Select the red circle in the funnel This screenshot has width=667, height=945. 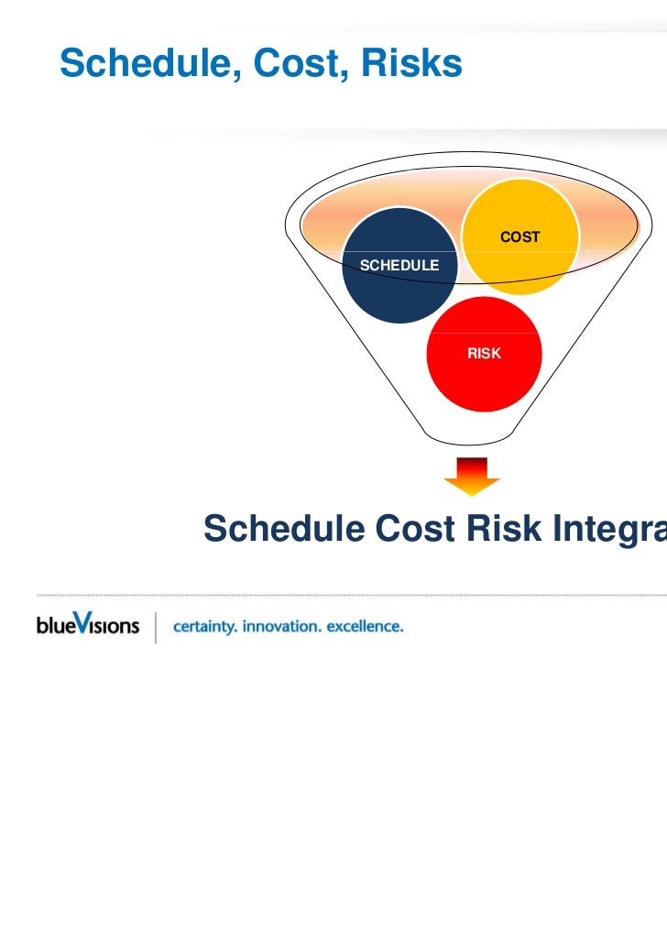484,367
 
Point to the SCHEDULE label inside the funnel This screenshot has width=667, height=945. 399,265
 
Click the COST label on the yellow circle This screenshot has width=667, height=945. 519,236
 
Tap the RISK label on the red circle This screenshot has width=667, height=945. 484,353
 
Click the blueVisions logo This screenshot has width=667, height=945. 88,626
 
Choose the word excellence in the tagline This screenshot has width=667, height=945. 366,627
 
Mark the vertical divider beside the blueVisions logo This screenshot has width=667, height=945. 157,627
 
